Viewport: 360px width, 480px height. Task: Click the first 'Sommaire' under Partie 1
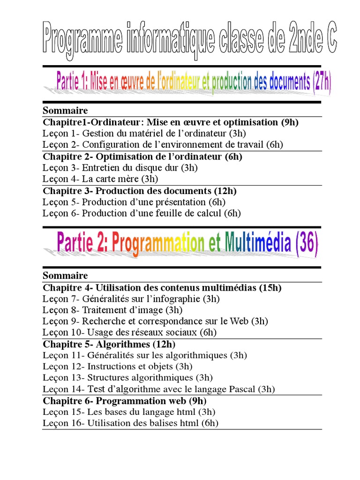point(65,111)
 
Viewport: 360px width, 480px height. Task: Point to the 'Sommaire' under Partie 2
point(65,275)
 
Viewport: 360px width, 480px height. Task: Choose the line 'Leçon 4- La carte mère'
point(100,179)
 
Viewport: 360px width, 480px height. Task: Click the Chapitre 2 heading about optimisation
point(142,157)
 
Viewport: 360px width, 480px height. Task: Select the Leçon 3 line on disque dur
point(120,167)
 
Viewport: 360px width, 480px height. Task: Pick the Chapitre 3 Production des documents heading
point(140,191)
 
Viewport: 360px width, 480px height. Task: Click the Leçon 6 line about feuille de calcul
point(142,213)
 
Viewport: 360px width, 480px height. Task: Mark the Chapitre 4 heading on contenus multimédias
point(162,287)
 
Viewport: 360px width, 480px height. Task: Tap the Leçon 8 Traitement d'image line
point(112,310)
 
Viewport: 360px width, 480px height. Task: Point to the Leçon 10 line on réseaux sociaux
point(129,332)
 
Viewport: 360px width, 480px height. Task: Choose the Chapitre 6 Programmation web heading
point(125,401)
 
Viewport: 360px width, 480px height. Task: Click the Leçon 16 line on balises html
point(130,423)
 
